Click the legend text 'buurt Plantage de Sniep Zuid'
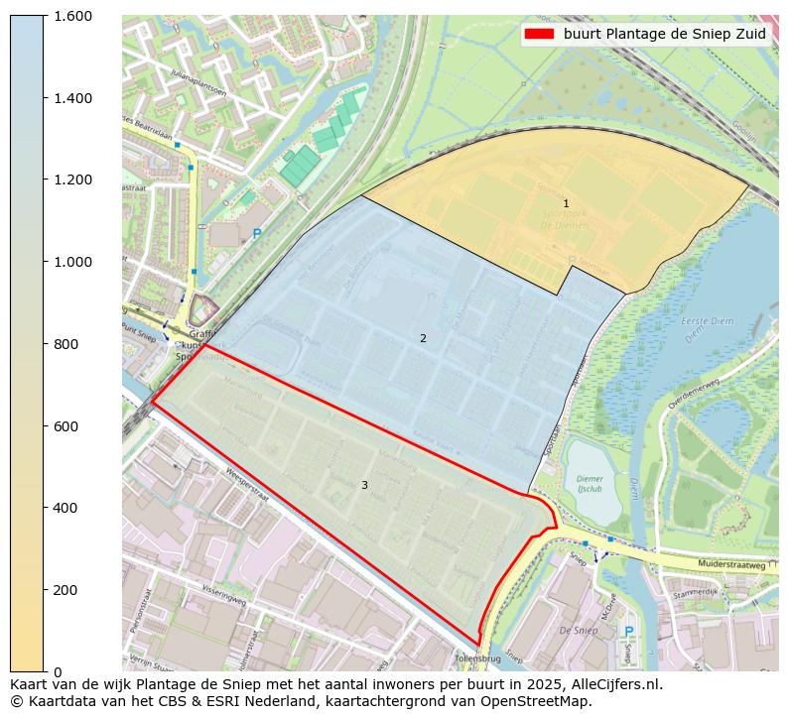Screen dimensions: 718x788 [x=664, y=34]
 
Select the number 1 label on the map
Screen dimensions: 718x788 [x=566, y=203]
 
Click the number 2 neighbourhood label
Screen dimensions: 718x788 [x=423, y=338]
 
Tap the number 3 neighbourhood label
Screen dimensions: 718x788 [x=364, y=485]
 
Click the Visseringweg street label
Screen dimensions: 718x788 [x=223, y=599]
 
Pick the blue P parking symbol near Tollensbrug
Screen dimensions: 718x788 [x=627, y=632]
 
